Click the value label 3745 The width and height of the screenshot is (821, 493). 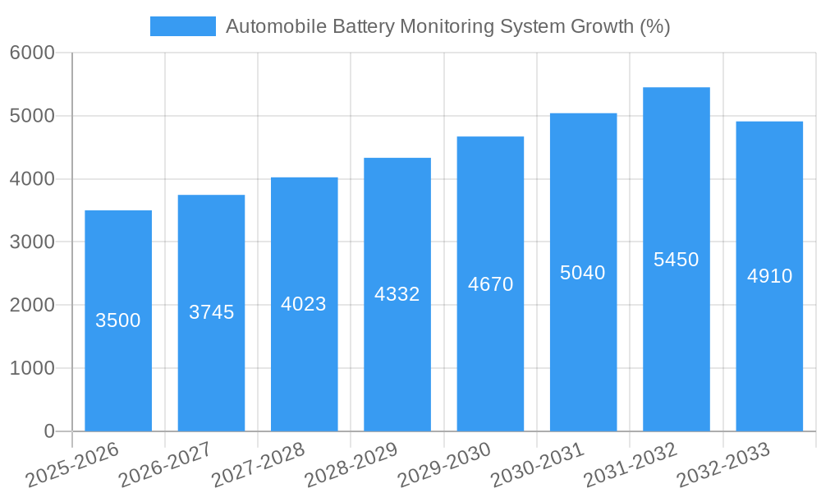211,312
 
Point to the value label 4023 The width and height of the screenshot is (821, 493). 304,304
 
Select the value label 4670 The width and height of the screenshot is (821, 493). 490,284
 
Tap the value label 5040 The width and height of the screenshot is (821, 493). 583,273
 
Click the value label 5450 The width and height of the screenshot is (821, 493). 676,260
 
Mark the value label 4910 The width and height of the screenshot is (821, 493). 769,276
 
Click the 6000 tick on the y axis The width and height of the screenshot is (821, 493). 32,53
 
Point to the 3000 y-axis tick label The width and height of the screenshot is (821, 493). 32,242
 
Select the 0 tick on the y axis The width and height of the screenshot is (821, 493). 48,431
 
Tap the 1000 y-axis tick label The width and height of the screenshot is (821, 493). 32,368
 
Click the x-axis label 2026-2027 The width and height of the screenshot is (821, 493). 165,464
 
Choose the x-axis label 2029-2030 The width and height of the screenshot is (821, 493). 444,464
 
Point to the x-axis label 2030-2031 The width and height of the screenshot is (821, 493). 537,464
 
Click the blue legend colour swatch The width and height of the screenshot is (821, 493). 182,26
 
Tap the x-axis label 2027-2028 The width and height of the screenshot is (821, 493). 258,464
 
